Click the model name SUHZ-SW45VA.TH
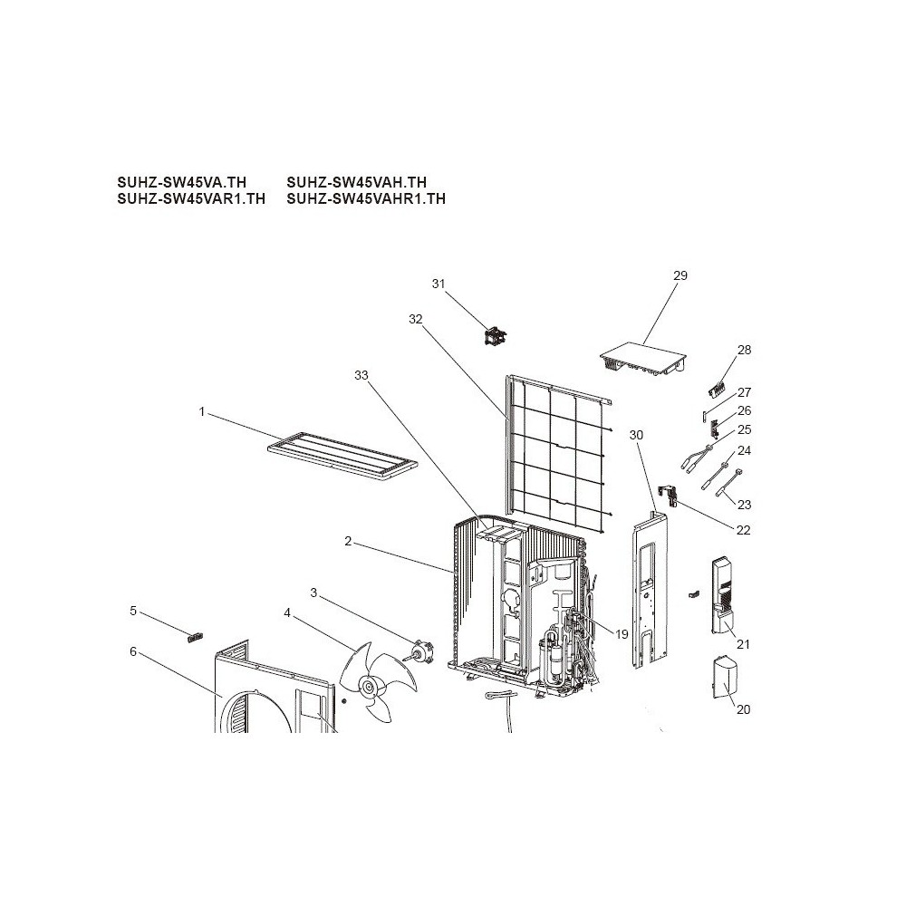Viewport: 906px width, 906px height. (181, 183)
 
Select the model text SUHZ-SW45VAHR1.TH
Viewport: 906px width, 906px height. (366, 198)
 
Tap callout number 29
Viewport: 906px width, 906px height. (680, 275)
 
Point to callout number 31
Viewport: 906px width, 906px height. (439, 284)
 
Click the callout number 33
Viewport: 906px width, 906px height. (361, 376)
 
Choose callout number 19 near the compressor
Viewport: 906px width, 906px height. (622, 634)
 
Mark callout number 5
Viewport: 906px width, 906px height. (133, 611)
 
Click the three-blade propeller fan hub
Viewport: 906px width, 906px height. (368, 687)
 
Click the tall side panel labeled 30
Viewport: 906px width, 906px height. (650, 590)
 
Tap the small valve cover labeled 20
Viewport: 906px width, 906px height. (724, 678)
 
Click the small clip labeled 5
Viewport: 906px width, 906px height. (196, 638)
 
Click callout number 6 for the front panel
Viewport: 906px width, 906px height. (133, 651)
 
